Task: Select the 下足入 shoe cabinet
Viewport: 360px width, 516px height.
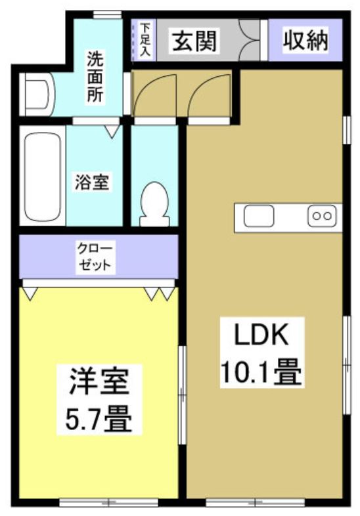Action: [144, 41]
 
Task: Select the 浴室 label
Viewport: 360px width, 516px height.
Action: [91, 182]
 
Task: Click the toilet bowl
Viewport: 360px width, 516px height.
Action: [155, 202]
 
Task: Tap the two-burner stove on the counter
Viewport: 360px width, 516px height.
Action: [323, 216]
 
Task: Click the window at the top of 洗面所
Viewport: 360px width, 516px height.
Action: [106, 14]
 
